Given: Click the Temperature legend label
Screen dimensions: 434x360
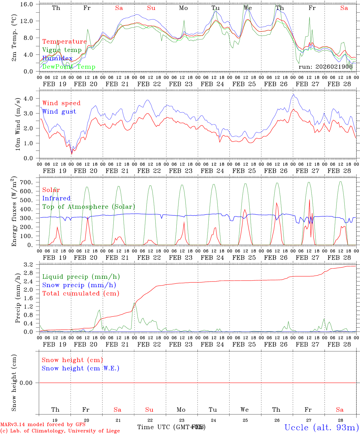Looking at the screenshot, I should coord(64,42).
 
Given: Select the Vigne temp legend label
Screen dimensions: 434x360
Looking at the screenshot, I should coord(62,50).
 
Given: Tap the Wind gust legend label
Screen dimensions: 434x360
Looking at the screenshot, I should coord(59,112).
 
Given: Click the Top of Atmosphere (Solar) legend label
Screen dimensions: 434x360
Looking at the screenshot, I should coord(89,207).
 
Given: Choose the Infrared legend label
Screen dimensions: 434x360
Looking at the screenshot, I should coord(56,198).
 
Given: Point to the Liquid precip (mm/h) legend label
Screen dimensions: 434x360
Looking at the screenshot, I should coord(81,277).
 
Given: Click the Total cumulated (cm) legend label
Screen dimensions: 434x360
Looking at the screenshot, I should coord(81,293).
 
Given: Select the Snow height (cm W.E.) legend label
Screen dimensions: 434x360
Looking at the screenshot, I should coord(81,368).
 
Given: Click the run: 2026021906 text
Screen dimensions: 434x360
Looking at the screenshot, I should coord(325,67).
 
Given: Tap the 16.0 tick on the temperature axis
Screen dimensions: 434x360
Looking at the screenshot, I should coord(29,4).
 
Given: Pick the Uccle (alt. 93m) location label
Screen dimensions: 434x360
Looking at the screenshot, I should coord(321,427).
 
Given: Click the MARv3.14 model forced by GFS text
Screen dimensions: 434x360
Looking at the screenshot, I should coord(43,424).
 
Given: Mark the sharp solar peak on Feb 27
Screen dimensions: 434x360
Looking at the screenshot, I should coord(309,200).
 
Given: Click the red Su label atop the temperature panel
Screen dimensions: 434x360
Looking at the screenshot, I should coord(151,8).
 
